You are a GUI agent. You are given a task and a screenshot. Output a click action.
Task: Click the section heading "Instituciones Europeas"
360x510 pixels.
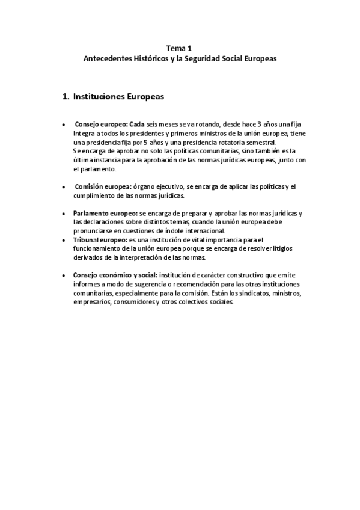(x=119, y=95)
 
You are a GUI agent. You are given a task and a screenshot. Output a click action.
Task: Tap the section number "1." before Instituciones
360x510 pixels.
(x=67, y=95)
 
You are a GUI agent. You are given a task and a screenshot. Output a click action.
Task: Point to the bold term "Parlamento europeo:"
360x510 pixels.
(x=105, y=214)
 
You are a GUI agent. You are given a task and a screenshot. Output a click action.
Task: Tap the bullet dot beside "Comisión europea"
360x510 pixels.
(x=64, y=187)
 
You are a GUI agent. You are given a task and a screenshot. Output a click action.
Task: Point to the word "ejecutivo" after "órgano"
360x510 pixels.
(x=168, y=186)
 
